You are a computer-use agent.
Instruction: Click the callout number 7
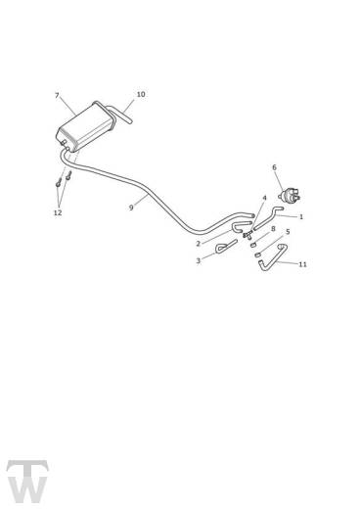(58, 96)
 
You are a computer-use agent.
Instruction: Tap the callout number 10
(141, 95)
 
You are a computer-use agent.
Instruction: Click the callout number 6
(274, 167)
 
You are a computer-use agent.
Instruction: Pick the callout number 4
(264, 199)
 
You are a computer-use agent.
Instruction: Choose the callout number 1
(301, 216)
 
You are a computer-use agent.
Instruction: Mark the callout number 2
(199, 244)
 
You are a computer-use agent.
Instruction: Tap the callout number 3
(199, 260)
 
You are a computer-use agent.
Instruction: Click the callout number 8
(273, 229)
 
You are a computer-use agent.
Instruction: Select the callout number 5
(287, 232)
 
